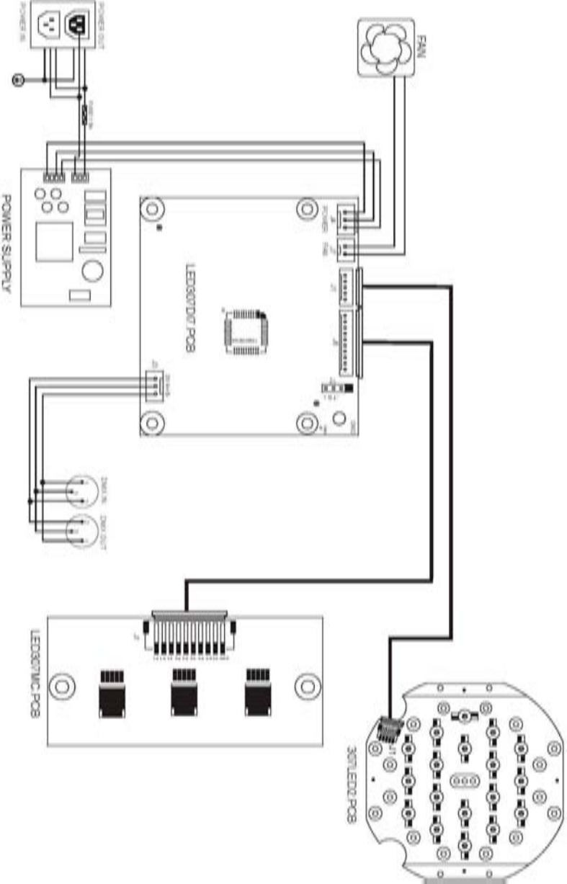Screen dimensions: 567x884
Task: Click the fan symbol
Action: coord(387,46)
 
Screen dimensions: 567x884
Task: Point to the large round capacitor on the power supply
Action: coord(91,270)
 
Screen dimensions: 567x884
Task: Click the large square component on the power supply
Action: coord(55,242)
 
